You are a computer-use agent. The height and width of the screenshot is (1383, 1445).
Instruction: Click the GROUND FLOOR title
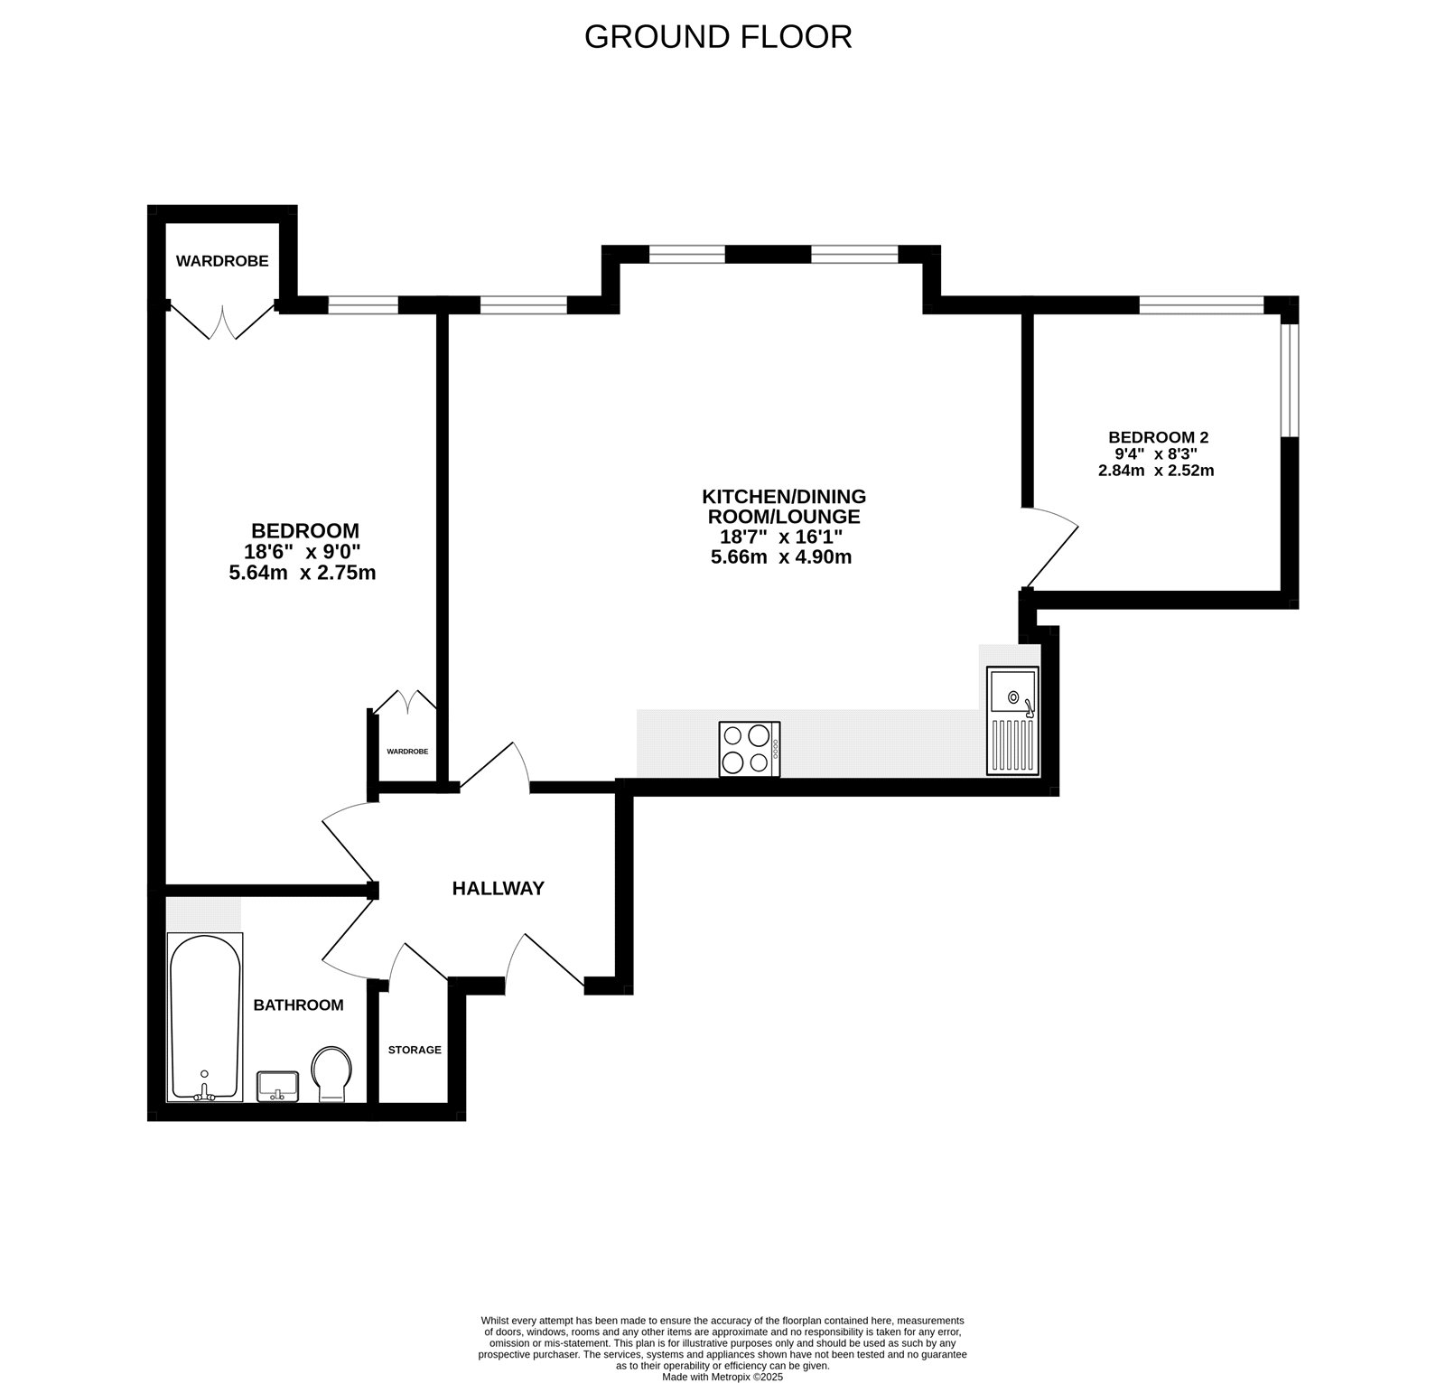click(718, 37)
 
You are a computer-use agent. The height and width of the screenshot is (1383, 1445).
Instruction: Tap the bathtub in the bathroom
click(205, 1016)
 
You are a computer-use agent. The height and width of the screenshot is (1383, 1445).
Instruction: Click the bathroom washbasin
click(277, 1086)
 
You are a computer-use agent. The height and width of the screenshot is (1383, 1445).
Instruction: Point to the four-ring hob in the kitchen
click(750, 749)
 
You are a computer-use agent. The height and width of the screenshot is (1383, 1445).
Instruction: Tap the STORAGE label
click(415, 1050)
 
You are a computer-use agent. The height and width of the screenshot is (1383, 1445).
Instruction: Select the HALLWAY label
click(498, 888)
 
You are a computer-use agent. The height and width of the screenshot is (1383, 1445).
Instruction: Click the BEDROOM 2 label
click(1158, 437)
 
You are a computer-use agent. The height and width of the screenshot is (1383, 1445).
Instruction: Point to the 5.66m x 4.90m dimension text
click(781, 557)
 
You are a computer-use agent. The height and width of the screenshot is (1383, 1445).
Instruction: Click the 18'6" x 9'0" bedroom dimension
click(303, 552)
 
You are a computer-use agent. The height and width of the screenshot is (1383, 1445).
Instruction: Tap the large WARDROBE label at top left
click(222, 261)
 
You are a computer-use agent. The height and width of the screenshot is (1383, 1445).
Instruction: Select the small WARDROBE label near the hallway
click(406, 752)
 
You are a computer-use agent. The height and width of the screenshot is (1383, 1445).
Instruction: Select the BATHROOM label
click(298, 1005)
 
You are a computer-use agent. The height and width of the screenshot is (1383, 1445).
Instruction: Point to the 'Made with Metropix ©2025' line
click(722, 1378)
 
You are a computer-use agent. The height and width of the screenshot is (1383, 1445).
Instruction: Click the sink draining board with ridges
click(1012, 745)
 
